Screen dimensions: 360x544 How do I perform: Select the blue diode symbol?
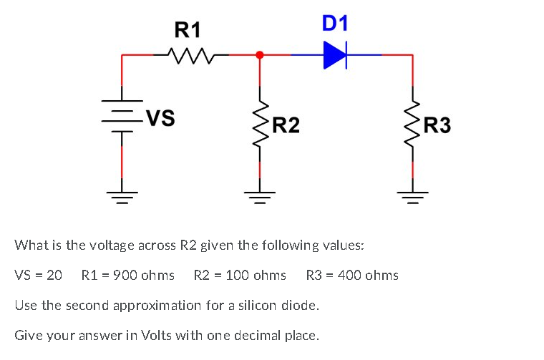pyautogui.click(x=335, y=54)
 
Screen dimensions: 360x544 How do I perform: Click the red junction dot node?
pyautogui.click(x=259, y=54)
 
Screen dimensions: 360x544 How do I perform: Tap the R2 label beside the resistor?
pyautogui.click(x=286, y=127)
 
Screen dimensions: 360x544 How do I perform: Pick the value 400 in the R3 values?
pyautogui.click(x=352, y=275)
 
